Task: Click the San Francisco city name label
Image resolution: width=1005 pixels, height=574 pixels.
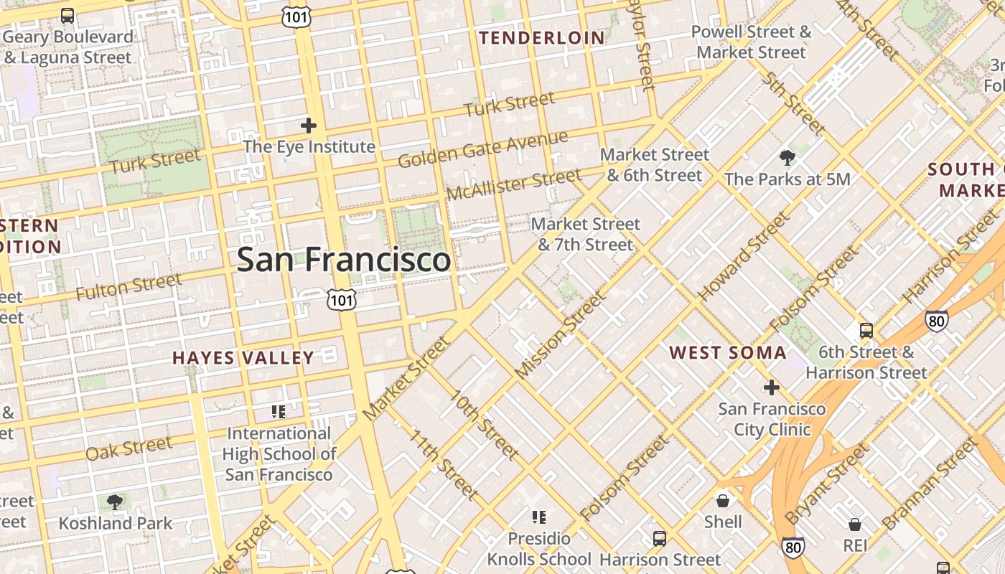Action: (344, 259)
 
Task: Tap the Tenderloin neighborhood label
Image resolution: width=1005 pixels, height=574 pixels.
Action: (542, 38)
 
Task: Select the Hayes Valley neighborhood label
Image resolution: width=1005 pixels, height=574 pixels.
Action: (243, 357)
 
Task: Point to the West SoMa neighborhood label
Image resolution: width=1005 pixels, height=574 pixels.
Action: (728, 352)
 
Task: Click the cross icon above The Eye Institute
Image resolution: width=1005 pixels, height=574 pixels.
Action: (309, 126)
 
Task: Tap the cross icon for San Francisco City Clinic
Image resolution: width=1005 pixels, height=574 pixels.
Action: (772, 387)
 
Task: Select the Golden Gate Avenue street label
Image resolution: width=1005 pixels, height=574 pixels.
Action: (482, 149)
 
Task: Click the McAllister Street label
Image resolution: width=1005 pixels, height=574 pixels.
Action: (513, 184)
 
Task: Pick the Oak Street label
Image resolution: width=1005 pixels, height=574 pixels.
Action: (129, 448)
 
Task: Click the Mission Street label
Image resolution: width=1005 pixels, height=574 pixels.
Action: (561, 335)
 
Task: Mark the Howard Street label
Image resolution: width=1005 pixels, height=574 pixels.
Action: (743, 256)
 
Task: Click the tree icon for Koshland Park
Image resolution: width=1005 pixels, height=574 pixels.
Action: (114, 502)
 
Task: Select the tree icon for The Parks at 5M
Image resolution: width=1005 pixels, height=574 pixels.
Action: (787, 157)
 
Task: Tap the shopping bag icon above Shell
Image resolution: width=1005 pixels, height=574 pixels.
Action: (723, 500)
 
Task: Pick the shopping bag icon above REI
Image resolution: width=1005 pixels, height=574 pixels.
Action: (854, 524)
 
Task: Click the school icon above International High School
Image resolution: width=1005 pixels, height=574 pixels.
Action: (279, 412)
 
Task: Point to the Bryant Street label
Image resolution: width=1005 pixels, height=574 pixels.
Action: (826, 485)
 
